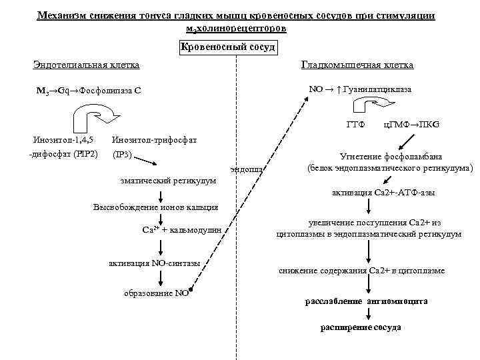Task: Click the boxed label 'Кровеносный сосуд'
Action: pos(228,48)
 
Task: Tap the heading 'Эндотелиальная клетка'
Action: pos(86,65)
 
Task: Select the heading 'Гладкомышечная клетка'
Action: pos(357,65)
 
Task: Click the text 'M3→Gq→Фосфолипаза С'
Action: pos(89,91)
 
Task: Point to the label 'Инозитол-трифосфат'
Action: pos(155,140)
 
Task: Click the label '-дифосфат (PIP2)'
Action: pos(63,155)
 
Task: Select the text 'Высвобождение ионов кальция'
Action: pos(155,207)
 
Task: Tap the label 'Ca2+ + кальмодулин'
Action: pos(182,231)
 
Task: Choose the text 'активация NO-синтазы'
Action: pos(155,263)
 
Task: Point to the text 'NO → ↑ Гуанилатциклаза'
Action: pos(360,89)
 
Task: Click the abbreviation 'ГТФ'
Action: pos(355,125)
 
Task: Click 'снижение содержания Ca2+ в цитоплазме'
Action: pos(361,271)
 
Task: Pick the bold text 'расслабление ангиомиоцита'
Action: pos(366,301)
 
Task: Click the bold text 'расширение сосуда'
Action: pos(361,328)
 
